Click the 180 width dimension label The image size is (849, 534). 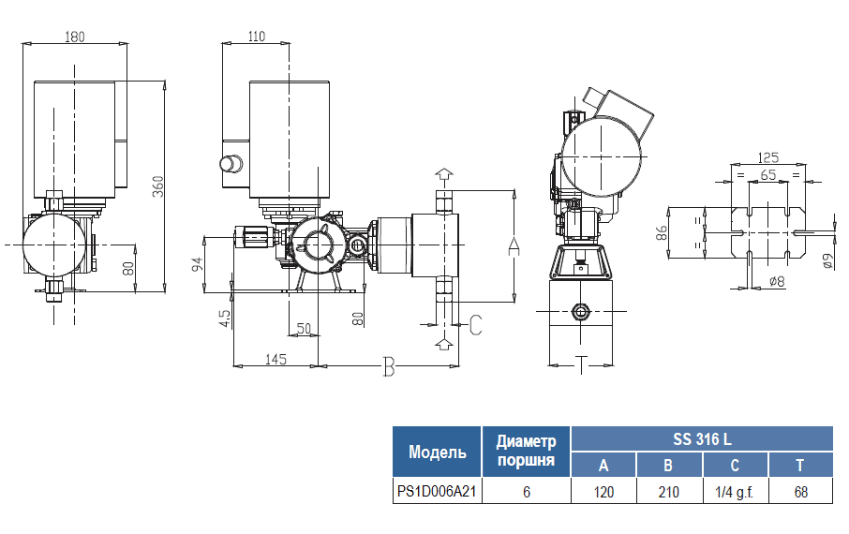click(75, 37)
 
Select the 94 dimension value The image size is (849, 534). click(198, 263)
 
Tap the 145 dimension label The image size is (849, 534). click(276, 359)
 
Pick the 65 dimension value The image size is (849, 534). click(768, 175)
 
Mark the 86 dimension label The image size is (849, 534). click(662, 233)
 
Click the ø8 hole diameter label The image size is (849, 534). click(776, 281)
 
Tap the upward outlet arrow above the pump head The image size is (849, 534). click(444, 175)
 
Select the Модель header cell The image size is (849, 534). click(437, 452)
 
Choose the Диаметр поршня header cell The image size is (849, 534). click(526, 451)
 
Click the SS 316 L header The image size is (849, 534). click(702, 438)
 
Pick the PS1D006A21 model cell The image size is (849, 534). click(437, 492)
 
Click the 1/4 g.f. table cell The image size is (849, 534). click(735, 492)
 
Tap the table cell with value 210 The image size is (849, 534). click(668, 492)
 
